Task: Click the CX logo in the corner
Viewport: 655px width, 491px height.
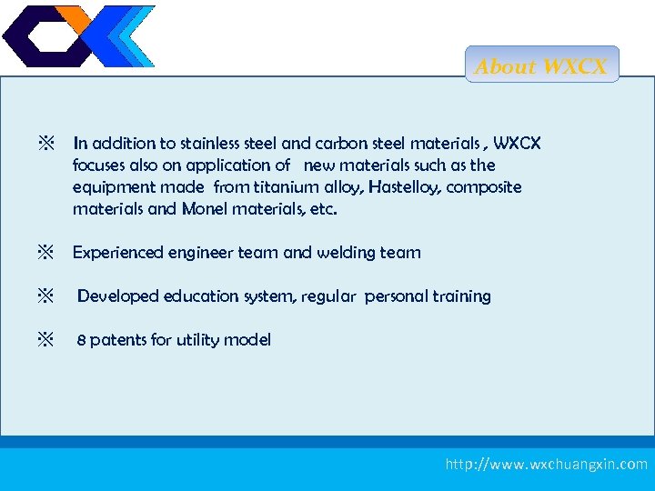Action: coord(78,36)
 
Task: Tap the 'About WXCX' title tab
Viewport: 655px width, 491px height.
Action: coord(542,66)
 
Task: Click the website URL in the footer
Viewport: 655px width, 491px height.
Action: coord(546,465)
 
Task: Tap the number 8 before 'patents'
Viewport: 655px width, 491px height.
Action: coord(81,341)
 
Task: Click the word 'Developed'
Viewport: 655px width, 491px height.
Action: coord(116,296)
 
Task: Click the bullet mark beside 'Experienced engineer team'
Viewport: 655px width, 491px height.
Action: coord(45,253)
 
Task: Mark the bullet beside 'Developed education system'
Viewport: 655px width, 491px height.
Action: coord(45,296)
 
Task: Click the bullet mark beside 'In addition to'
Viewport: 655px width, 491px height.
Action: coord(45,144)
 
